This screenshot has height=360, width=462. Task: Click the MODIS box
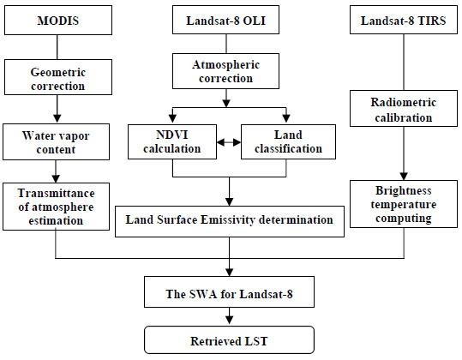[x=56, y=19]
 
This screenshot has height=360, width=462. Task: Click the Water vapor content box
[x=56, y=142]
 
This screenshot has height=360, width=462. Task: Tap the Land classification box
[x=285, y=142]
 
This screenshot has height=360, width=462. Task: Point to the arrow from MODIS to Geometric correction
[x=56, y=48]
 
